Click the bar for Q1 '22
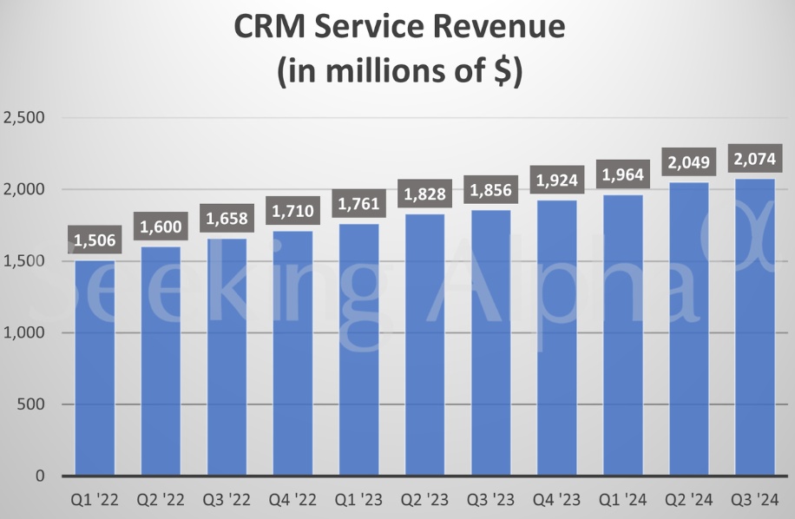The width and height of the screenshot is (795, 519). click(95, 368)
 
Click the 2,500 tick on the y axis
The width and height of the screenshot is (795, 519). click(26, 117)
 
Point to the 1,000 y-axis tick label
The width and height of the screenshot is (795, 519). click(26, 332)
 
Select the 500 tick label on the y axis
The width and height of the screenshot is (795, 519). click(33, 404)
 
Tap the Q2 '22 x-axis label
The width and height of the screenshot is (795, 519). click(161, 499)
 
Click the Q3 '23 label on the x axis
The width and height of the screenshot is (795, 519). click(490, 499)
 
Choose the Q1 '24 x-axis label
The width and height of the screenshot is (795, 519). click(622, 499)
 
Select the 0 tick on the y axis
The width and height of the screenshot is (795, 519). click(41, 476)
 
